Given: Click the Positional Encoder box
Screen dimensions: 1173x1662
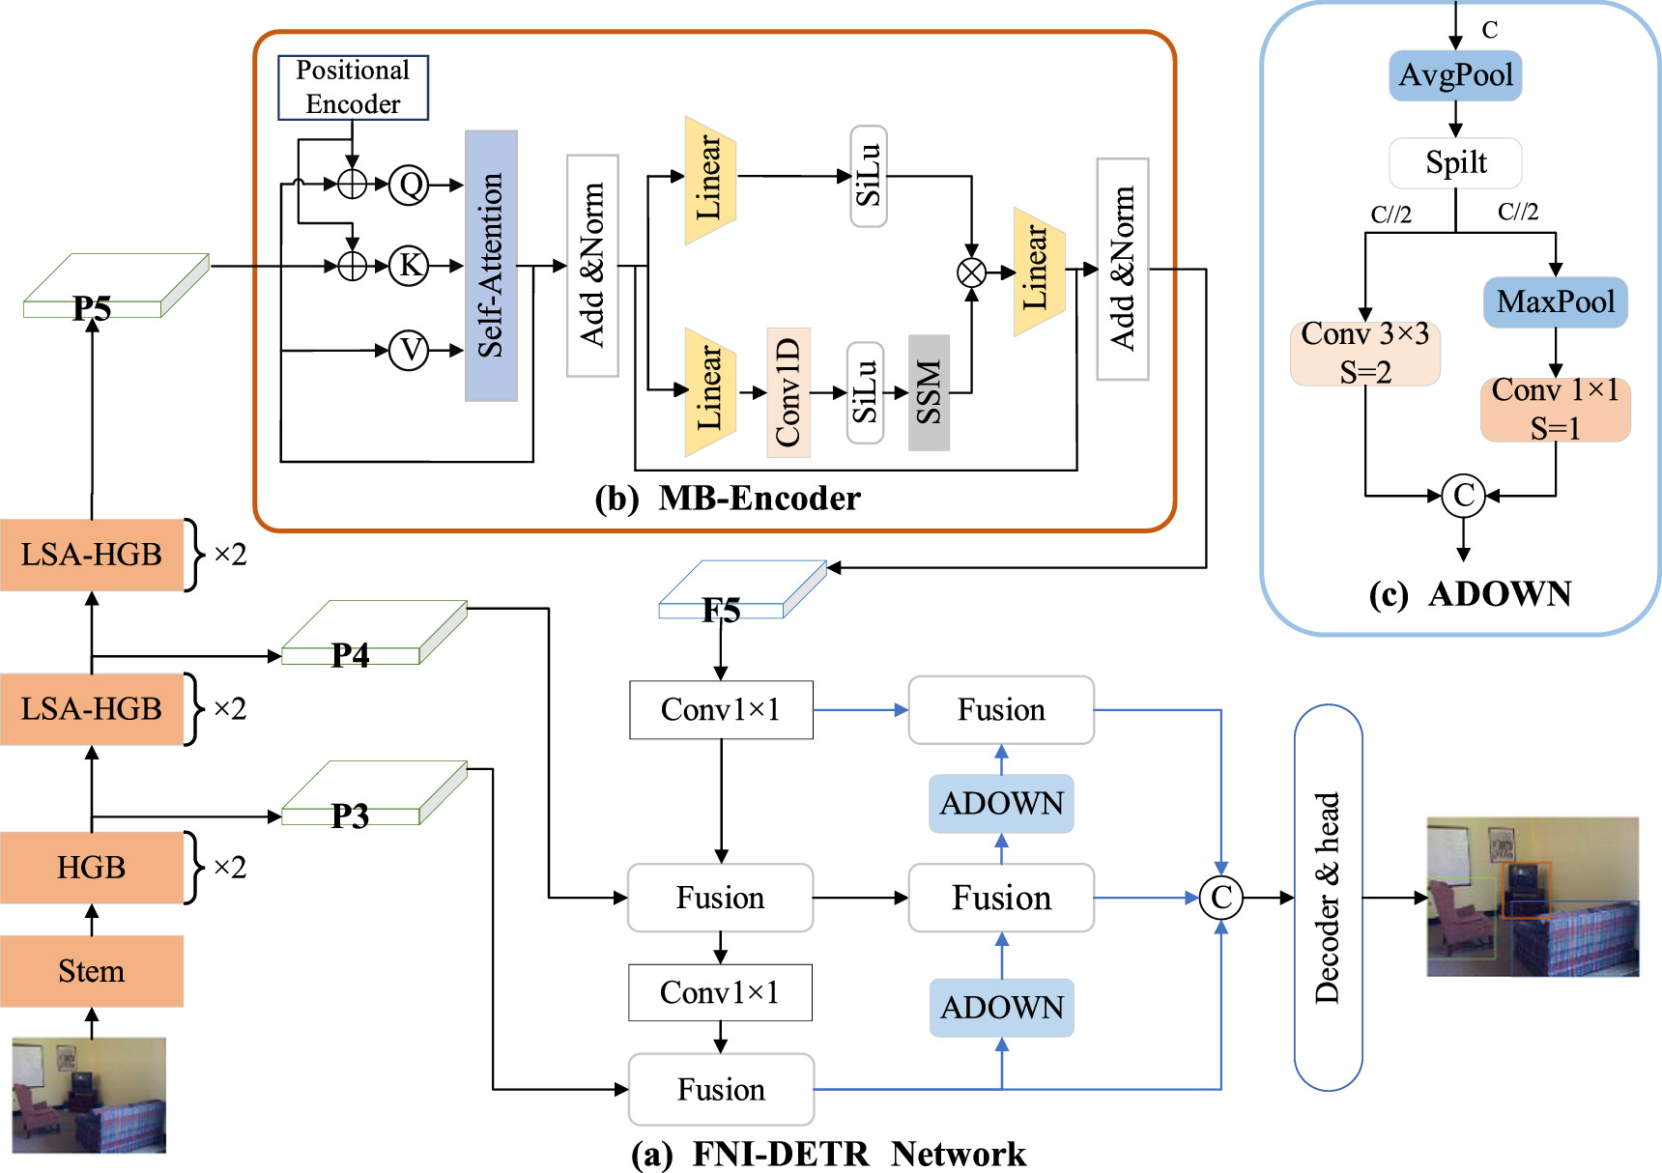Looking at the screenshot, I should pos(353,88).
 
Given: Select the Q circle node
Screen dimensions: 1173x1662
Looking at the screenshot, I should pos(410,184).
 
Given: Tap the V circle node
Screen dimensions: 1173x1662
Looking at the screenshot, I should pos(410,350).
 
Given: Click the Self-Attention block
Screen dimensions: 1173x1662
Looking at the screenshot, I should pos(491,266).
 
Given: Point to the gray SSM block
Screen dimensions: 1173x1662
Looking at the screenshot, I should pos(929,392).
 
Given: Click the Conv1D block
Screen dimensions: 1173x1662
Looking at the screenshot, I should pos(788,392).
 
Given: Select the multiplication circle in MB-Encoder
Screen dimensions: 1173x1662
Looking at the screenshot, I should pos(971,272).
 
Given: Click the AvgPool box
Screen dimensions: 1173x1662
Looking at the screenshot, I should pos(1455,75).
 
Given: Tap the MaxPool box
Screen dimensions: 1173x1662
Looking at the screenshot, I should pos(1555,302).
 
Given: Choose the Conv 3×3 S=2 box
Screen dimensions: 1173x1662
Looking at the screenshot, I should pos(1364,353).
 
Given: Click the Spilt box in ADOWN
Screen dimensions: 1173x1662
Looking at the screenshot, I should pos(1455,162).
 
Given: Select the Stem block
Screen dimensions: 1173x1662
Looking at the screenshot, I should pos(92,970).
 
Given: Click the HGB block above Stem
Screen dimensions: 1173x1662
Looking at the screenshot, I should pos(92,867).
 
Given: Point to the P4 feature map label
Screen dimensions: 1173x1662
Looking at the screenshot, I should pos(351,655).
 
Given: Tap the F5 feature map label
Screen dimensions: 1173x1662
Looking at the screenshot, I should pos(721,610).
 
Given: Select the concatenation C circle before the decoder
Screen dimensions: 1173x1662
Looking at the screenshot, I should pos(1220,898).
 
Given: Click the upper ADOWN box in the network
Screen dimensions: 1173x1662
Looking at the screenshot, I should pos(1001,803).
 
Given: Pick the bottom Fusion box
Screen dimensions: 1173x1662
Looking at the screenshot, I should pos(721,1089).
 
